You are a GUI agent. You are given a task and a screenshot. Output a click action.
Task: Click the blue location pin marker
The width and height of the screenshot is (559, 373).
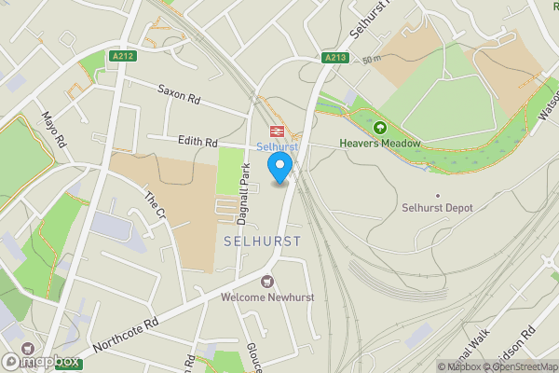[279, 167]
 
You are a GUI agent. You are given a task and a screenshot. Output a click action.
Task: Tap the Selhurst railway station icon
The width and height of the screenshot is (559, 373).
[277, 131]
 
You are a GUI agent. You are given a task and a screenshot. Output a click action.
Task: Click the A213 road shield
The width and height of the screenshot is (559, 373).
[336, 58]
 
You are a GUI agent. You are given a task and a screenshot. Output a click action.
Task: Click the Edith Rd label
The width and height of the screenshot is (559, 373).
[197, 141]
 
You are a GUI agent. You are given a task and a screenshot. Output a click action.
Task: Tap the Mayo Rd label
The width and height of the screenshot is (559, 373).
[53, 131]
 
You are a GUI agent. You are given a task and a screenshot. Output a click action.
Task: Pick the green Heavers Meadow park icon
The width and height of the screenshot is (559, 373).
[379, 127]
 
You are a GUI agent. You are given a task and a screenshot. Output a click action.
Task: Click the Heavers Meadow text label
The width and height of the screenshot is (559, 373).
[380, 144]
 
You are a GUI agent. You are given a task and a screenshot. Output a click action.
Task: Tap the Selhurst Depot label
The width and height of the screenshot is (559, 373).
[438, 207]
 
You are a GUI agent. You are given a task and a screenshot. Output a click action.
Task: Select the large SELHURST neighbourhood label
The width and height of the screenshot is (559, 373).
[263, 241]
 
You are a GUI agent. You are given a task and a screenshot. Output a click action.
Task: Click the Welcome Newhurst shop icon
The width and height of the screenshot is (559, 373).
[268, 281]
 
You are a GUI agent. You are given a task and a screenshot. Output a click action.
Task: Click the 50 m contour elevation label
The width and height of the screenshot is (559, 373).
[373, 59]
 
